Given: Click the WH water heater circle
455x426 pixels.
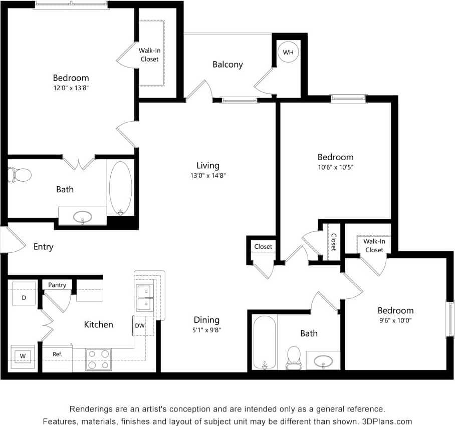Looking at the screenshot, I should pyautogui.click(x=288, y=52).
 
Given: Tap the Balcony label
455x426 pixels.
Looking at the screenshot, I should pyautogui.click(x=227, y=64).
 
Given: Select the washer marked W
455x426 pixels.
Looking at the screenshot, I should pyautogui.click(x=23, y=356).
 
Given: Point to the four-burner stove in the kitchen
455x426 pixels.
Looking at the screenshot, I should pyautogui.click(x=98, y=359).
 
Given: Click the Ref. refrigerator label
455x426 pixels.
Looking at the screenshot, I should pyautogui.click(x=57, y=354).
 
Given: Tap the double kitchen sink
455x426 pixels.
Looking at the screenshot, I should pyautogui.click(x=145, y=297).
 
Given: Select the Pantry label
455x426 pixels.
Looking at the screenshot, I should pyautogui.click(x=57, y=285).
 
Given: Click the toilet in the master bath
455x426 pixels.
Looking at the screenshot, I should pyautogui.click(x=20, y=175).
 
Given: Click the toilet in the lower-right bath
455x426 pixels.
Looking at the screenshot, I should pyautogui.click(x=293, y=357).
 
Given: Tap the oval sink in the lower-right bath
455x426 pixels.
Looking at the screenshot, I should pyautogui.click(x=323, y=360).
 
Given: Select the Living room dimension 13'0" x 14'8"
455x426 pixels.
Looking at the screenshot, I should pyautogui.click(x=207, y=176).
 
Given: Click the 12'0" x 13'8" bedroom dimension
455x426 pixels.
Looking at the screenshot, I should pyautogui.click(x=71, y=88).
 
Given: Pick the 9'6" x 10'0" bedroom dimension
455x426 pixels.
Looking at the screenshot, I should pyautogui.click(x=395, y=320).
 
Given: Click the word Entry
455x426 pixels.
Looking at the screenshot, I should pyautogui.click(x=44, y=247).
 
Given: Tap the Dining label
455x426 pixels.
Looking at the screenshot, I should pyautogui.click(x=207, y=320).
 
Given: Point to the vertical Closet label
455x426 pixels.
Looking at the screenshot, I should pyautogui.click(x=333, y=242).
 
